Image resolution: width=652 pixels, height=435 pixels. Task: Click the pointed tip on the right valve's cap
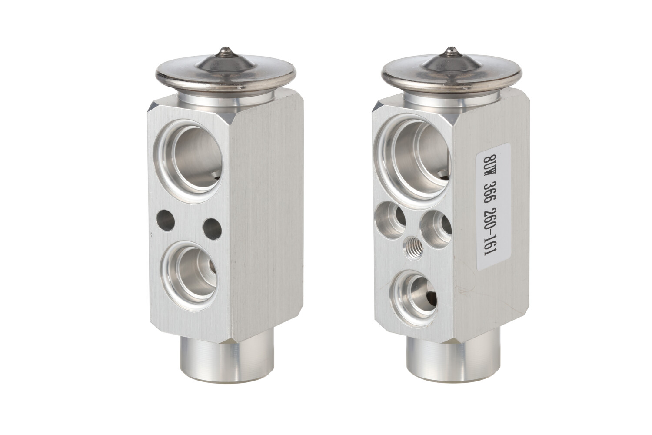point(450,50)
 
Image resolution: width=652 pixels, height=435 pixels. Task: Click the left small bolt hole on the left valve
point(165,221)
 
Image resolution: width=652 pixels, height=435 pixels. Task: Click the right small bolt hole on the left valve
point(212,229)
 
